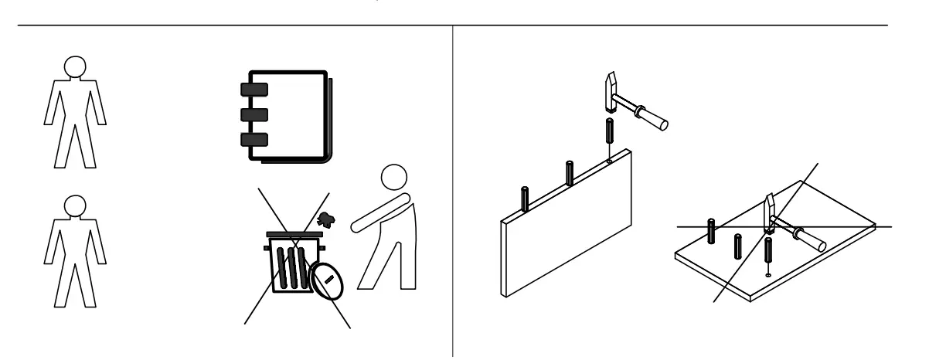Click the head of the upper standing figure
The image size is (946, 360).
(73, 67)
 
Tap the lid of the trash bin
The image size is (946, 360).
(294, 233)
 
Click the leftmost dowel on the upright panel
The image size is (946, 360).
(526, 199)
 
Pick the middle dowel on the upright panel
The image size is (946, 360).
(570, 172)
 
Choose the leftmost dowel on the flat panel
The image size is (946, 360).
(710, 229)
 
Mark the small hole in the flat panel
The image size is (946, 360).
(767, 274)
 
